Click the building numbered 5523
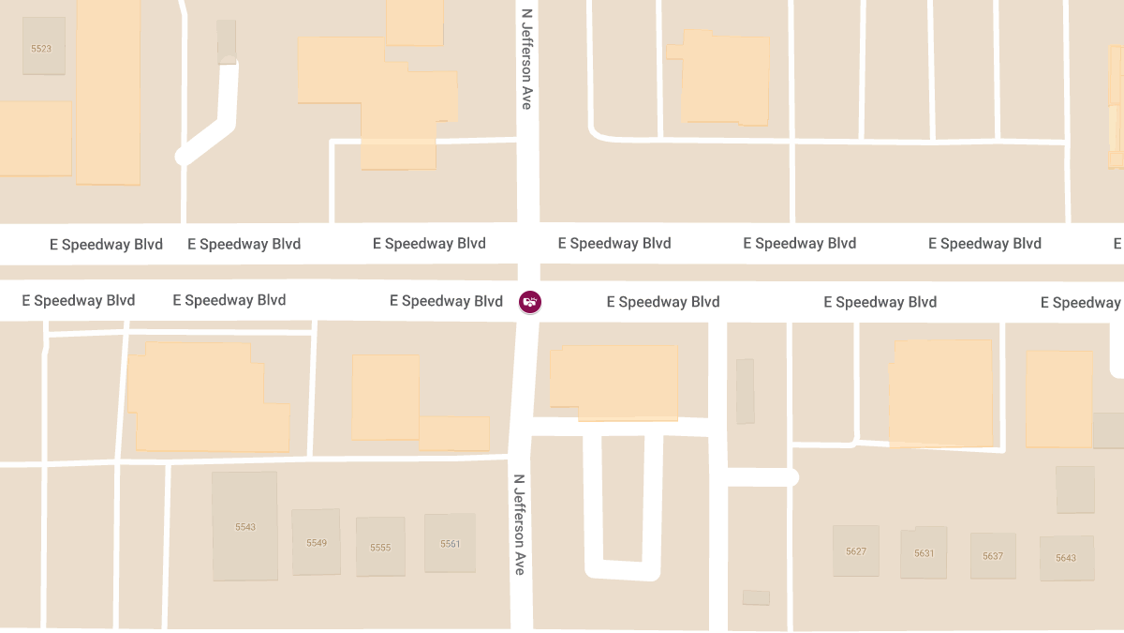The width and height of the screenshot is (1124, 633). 43,46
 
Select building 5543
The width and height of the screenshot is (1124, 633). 244,525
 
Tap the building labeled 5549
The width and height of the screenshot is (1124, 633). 316,542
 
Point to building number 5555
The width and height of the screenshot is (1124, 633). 380,547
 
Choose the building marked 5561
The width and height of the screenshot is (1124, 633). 450,543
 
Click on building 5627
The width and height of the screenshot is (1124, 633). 855,550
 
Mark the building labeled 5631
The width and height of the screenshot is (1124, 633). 924,552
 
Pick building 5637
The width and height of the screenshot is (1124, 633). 993,555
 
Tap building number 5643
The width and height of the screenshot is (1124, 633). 1065,557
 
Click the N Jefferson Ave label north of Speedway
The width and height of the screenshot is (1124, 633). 527,59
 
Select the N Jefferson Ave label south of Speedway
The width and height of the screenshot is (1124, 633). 519,524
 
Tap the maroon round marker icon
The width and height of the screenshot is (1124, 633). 530,301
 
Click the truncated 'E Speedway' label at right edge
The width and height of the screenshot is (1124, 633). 1082,302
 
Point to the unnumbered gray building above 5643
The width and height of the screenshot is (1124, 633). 1074,490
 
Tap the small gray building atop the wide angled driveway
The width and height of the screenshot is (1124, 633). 227,41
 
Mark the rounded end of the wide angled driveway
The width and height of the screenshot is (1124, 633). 184,157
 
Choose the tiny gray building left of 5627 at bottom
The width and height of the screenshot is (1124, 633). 756,597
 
